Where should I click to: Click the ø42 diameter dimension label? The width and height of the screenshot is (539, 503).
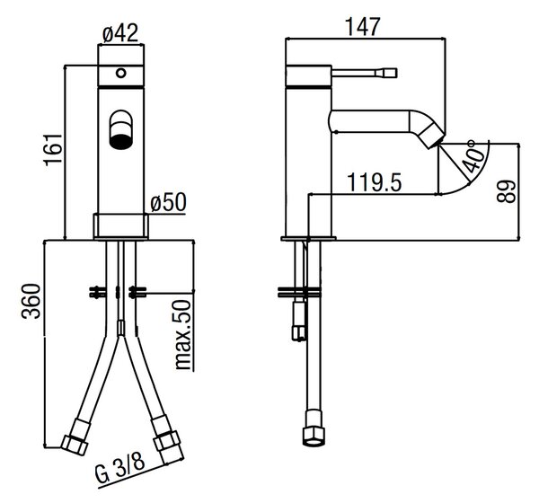[120, 33]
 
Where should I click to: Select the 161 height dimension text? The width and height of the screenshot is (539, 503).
[53, 150]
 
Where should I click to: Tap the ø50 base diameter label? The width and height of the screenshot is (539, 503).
[169, 202]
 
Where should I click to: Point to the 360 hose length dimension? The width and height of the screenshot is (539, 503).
[31, 301]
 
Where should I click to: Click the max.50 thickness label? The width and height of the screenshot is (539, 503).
[182, 334]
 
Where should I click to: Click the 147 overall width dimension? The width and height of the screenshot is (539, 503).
[363, 26]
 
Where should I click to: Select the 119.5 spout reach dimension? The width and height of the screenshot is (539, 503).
[375, 182]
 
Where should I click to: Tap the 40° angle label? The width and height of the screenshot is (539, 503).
[473, 155]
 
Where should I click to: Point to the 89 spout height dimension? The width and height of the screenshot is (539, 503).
[507, 191]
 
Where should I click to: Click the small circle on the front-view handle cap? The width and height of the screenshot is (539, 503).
[121, 73]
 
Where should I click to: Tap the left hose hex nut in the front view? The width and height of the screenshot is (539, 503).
[75, 445]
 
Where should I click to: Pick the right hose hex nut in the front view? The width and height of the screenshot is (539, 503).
[167, 440]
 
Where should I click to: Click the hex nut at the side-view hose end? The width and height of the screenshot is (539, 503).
[314, 437]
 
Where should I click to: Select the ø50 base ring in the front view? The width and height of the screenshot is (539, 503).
[120, 225]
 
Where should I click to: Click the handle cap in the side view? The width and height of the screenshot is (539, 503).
[309, 75]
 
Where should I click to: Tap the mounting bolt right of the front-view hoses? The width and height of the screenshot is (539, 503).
[137, 292]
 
